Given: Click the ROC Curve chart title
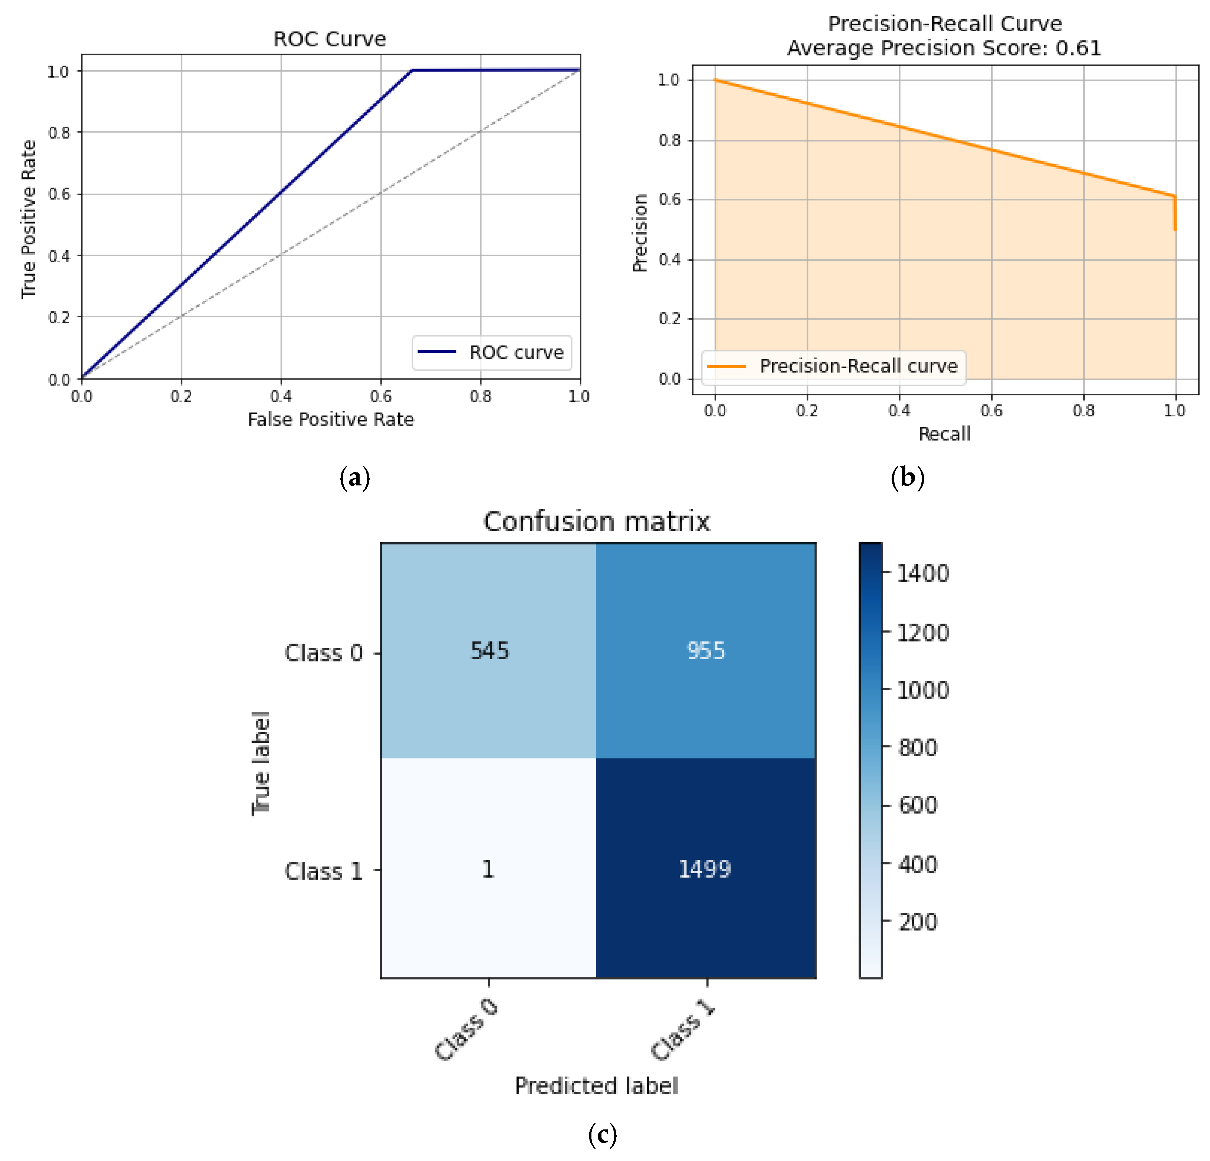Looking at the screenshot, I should [x=330, y=39].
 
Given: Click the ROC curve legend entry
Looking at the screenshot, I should [x=492, y=352].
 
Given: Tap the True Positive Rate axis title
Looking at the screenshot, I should [x=28, y=219].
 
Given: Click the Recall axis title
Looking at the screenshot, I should [x=944, y=434].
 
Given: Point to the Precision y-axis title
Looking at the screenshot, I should [x=640, y=233].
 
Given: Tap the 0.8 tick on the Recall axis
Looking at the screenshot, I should [x=1083, y=410].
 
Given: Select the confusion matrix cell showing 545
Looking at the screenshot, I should [x=489, y=651].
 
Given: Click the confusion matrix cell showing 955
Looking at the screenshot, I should [x=705, y=651].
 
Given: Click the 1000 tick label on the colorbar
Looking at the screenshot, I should [x=922, y=690].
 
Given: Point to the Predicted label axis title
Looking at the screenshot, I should [x=596, y=1086].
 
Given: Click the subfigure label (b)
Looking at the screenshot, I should [x=908, y=478].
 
